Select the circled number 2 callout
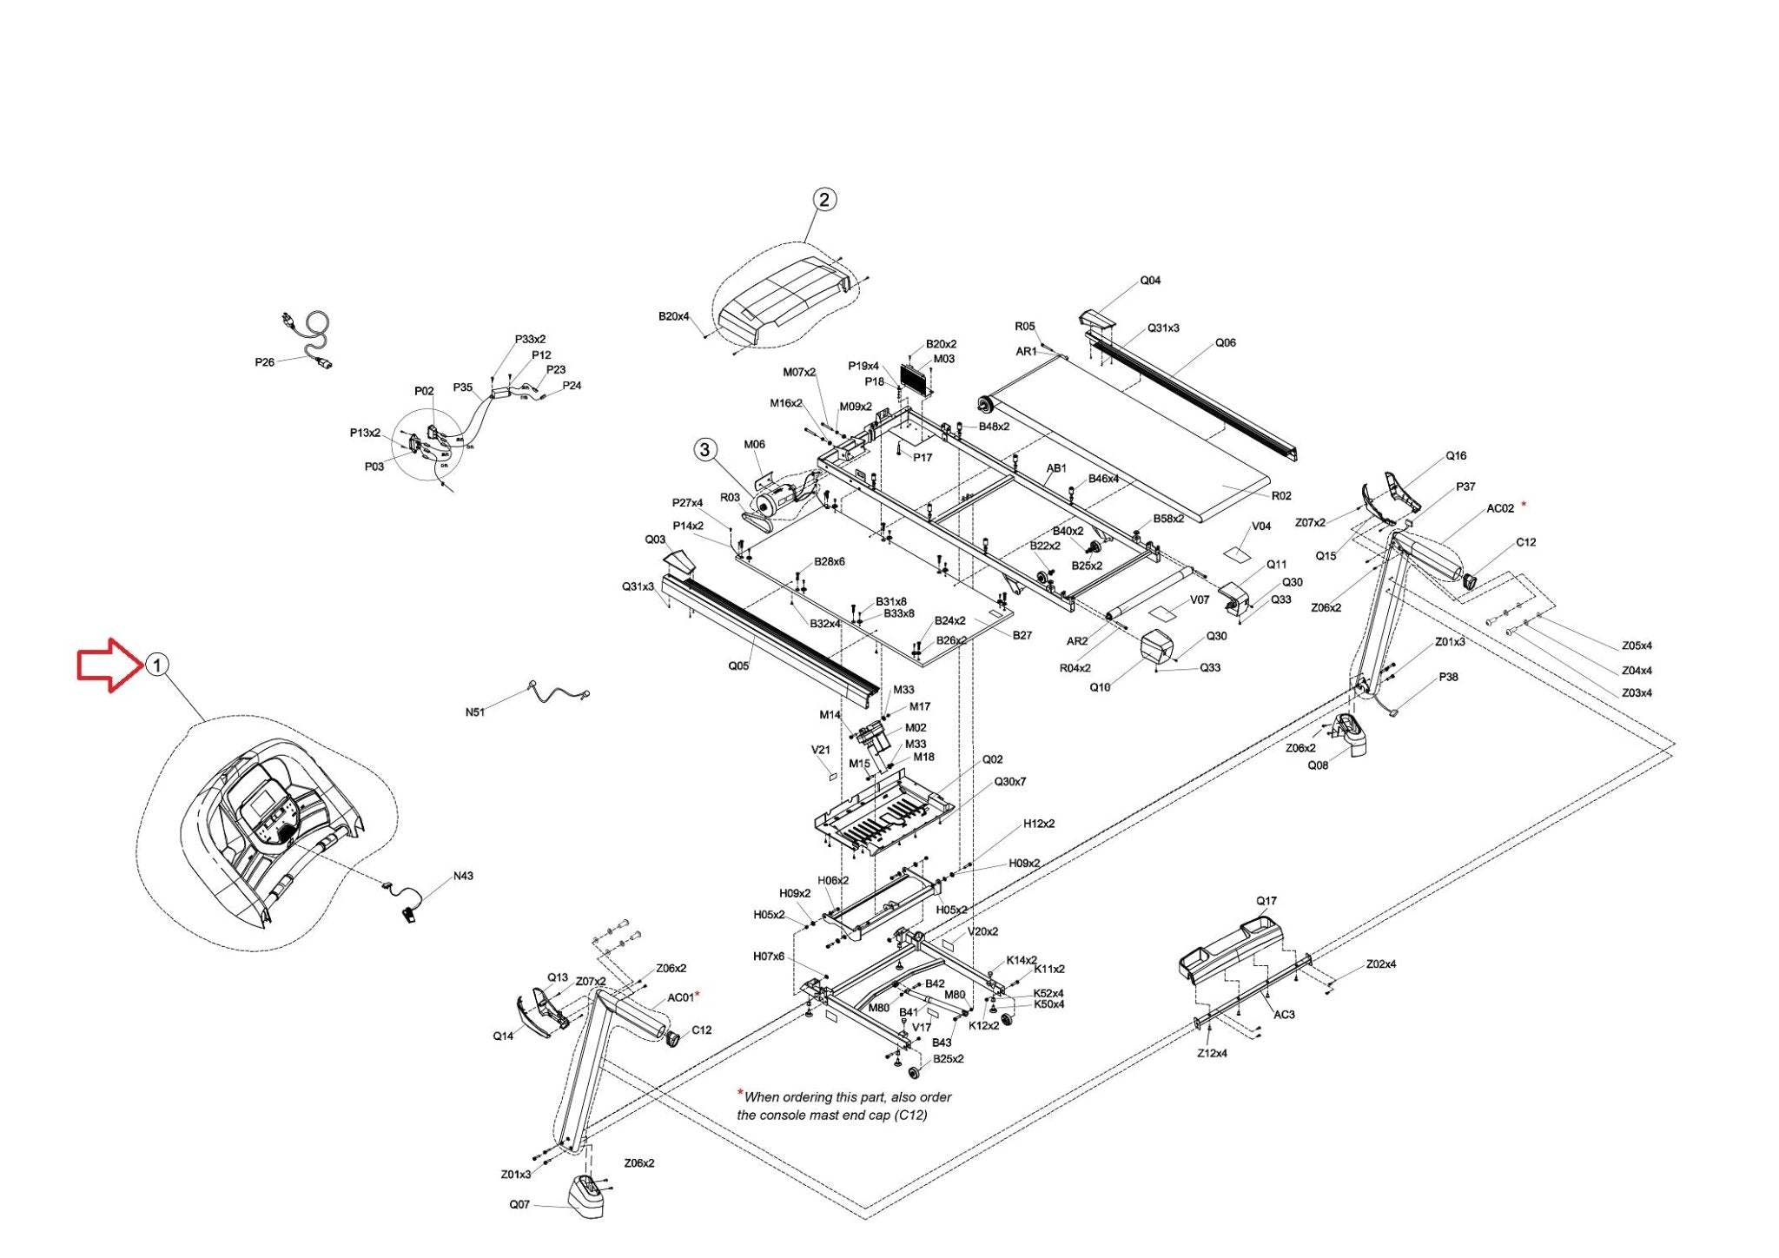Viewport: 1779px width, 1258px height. pyautogui.click(x=823, y=199)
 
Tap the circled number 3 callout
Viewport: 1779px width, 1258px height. pyautogui.click(x=704, y=449)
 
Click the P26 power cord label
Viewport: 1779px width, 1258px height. pyautogui.click(x=265, y=362)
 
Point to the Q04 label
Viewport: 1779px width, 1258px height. pyautogui.click(x=1150, y=281)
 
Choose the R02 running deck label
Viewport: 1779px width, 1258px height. pyautogui.click(x=1281, y=496)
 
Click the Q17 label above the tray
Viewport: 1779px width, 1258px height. pyautogui.click(x=1266, y=901)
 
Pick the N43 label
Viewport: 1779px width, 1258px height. pyautogui.click(x=463, y=876)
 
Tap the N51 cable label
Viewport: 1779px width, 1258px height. pyautogui.click(x=475, y=712)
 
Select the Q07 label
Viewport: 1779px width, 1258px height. pyautogui.click(x=519, y=1205)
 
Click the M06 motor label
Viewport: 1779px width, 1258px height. pyautogui.click(x=754, y=445)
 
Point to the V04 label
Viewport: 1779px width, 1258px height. pyautogui.click(x=1261, y=526)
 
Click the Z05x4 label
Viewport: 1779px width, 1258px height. pyautogui.click(x=1637, y=646)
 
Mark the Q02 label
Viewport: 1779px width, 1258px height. pyautogui.click(x=993, y=759)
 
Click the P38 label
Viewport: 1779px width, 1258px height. pyautogui.click(x=1448, y=678)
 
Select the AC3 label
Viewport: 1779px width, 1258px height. pyautogui.click(x=1284, y=1015)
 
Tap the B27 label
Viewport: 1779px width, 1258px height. pyautogui.click(x=1022, y=636)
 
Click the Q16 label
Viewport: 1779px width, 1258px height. pyautogui.click(x=1456, y=456)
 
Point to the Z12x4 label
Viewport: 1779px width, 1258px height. pyautogui.click(x=1212, y=1054)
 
